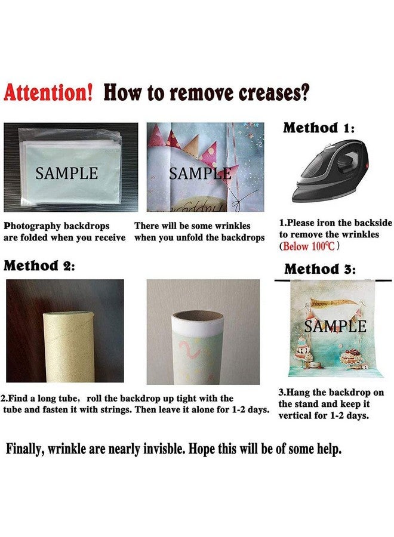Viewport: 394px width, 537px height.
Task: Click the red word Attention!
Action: point(48,92)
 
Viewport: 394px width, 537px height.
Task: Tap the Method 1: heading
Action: point(319,128)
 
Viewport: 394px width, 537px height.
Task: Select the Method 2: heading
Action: point(39,266)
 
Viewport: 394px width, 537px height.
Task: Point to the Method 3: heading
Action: point(320,269)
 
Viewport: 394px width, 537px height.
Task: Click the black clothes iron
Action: point(330,171)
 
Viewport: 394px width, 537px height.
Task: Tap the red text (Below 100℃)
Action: point(309,246)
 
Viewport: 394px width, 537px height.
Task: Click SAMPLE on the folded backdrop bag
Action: point(67,173)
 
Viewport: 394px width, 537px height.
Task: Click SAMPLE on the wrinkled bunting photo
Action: point(200,174)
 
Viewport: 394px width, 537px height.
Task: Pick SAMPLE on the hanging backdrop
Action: point(335,326)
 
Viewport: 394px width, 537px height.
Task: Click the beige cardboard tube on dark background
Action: point(69,347)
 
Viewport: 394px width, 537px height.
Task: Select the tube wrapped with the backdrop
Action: point(198,347)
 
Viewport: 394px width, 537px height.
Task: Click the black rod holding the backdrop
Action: point(333,281)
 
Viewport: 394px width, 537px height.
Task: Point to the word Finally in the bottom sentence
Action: point(23,449)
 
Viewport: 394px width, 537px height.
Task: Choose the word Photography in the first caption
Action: point(32,226)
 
